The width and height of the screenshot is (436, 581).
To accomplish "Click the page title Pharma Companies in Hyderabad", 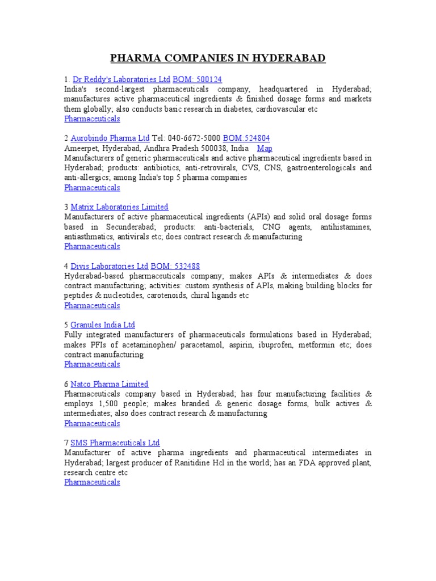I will (217, 58).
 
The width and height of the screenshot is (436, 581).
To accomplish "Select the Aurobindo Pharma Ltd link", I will (110, 138).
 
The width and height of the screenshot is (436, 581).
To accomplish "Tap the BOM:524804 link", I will (246, 138).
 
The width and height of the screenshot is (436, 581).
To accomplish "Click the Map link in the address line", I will (265, 148).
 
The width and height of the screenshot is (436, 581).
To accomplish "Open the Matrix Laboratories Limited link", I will (119, 207).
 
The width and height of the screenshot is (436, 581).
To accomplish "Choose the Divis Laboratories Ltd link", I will (110, 266).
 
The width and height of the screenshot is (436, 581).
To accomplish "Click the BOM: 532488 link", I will (175, 266).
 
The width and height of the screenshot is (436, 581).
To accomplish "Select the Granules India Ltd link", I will (103, 325).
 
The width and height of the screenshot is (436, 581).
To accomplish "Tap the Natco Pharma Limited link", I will (110, 384).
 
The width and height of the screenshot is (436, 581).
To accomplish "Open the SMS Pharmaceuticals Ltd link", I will (115, 443).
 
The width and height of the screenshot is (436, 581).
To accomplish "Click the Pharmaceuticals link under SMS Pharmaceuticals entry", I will (92, 482).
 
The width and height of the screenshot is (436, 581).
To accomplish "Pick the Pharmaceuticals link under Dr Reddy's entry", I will (92, 119).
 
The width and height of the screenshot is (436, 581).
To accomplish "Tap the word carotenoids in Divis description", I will (146, 296).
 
